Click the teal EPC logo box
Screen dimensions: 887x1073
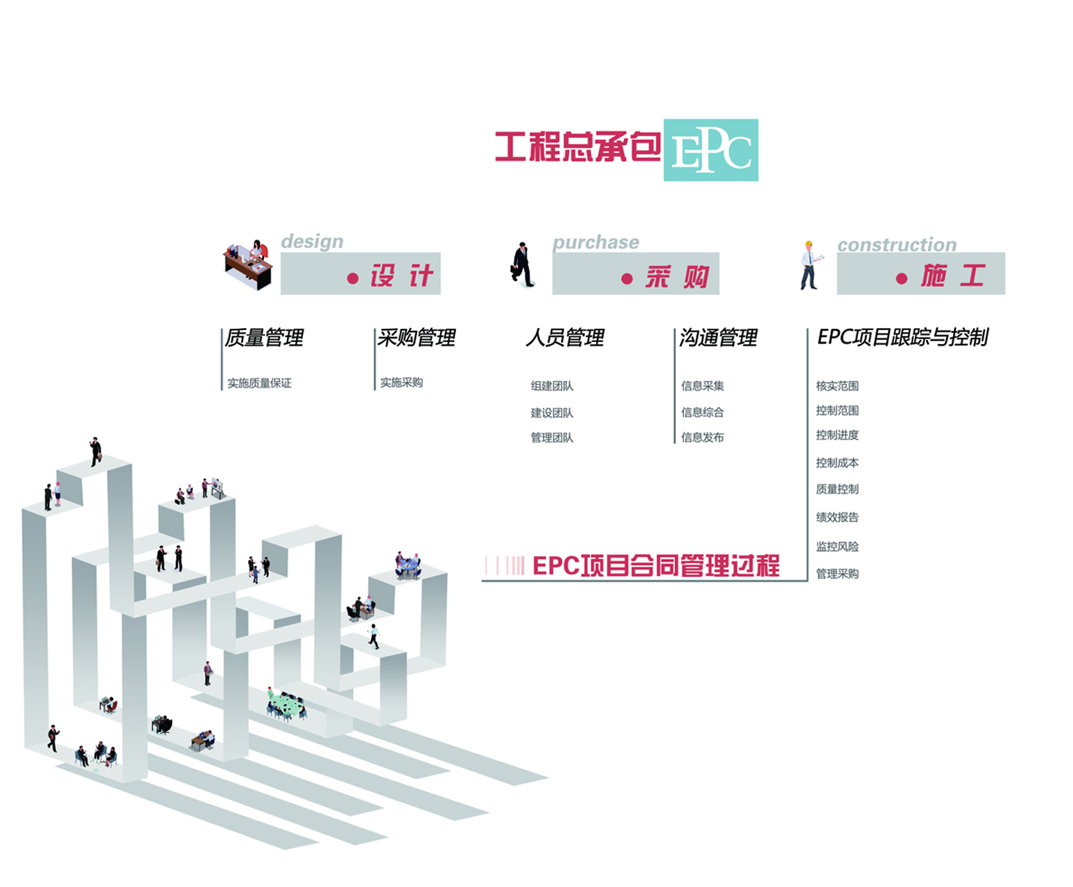[710, 150]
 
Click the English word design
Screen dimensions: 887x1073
[312, 241]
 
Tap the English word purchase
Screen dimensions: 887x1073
[595, 242]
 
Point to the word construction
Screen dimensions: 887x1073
[896, 245]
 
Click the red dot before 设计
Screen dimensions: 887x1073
[353, 279]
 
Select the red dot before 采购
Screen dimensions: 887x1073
[627, 279]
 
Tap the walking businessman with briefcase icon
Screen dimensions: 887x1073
[523, 265]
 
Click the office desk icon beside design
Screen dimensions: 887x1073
[248, 265]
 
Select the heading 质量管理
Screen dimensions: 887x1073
[264, 338]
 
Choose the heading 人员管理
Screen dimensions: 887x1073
[565, 338]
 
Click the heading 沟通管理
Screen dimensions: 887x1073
[718, 338]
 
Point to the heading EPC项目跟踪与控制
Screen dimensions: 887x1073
[902, 337]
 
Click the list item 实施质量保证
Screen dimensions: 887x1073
[259, 383]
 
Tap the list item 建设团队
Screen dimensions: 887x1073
[552, 413]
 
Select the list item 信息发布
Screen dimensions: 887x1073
[702, 437]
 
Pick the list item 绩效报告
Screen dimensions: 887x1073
[837, 517]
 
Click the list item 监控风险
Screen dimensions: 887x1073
[837, 546]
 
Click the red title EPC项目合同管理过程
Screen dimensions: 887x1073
[655, 566]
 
